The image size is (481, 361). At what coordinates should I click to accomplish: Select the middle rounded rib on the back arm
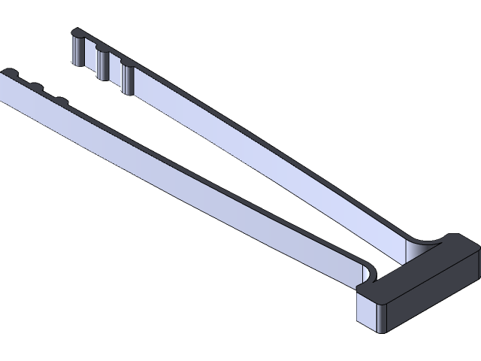coord(101,62)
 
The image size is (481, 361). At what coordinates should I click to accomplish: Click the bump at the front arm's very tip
coord(8,72)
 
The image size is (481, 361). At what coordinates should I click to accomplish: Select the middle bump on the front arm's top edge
coord(34,86)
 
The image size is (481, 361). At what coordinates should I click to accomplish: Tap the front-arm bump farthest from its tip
coord(59,99)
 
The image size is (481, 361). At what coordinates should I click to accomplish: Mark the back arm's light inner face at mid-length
coord(256,150)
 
